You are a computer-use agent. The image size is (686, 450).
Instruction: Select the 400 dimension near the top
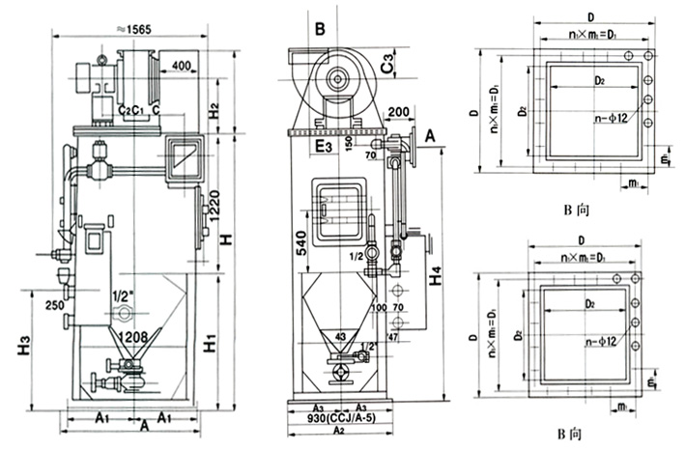tap(181, 67)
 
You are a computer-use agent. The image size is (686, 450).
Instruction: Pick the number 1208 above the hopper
tap(133, 337)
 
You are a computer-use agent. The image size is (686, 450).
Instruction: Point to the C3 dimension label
tap(386, 66)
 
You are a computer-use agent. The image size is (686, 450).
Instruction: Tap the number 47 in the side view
tap(393, 338)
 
